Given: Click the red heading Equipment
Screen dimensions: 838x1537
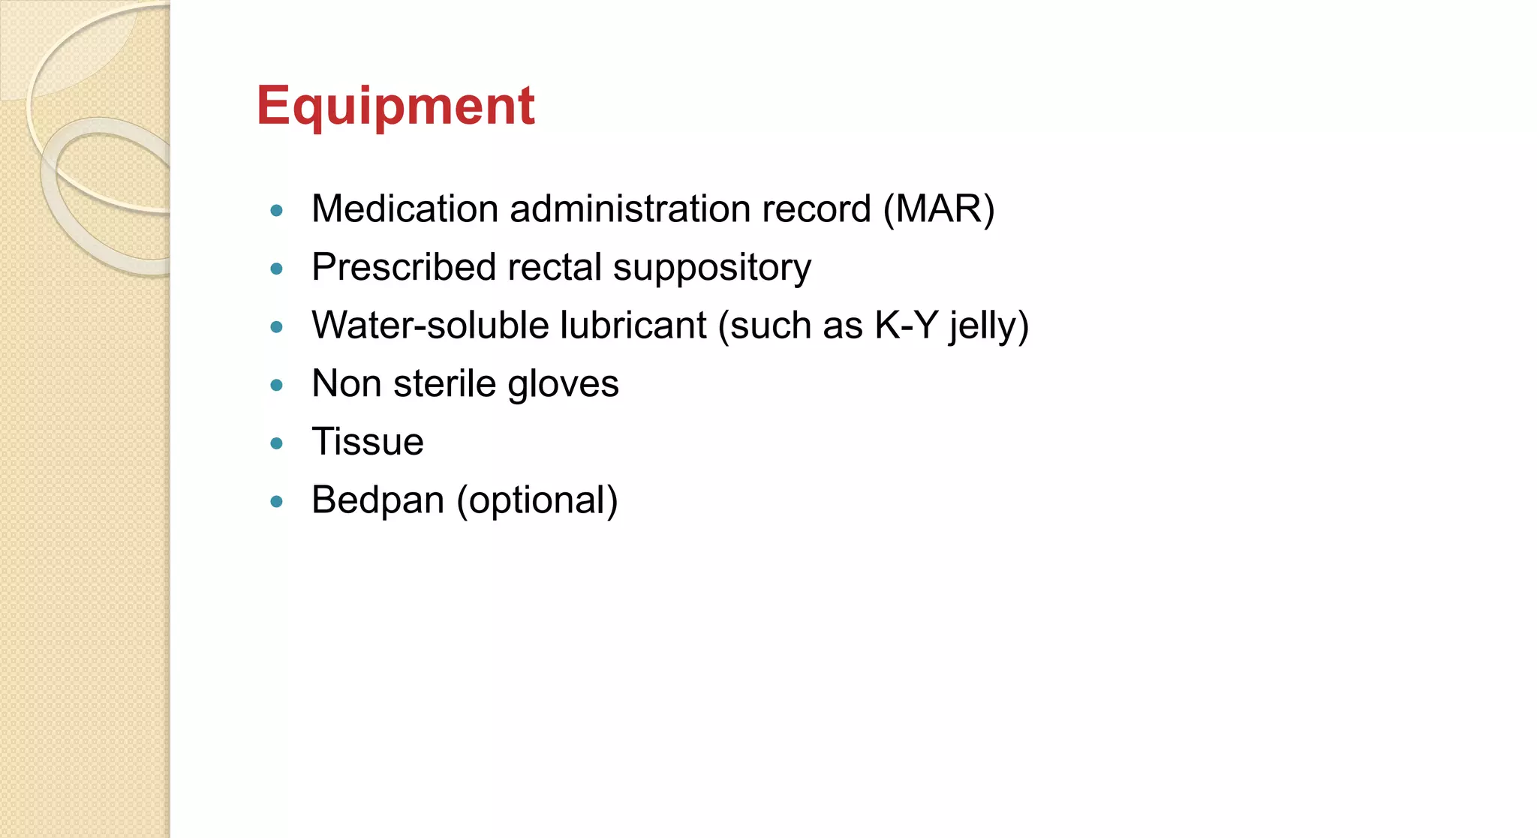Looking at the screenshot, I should pyautogui.click(x=396, y=106).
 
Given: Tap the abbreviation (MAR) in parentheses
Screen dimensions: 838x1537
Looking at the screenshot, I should pyautogui.click(x=938, y=209).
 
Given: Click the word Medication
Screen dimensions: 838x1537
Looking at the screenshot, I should pyautogui.click(x=405, y=209).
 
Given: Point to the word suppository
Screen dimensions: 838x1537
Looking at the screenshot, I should pyautogui.click(x=711, y=268).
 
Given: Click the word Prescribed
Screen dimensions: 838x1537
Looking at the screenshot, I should pyautogui.click(x=404, y=267).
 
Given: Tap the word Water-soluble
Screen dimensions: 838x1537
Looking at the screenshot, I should pyautogui.click(x=430, y=326).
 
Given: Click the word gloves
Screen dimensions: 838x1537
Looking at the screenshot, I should pyautogui.click(x=562, y=384).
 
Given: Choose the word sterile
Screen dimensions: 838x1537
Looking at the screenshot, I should pyautogui.click(x=444, y=383).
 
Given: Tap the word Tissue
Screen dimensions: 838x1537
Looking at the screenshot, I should pyautogui.click(x=368, y=442).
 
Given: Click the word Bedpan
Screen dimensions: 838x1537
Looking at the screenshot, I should pyautogui.click(x=377, y=500).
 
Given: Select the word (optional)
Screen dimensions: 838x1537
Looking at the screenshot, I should pyautogui.click(x=537, y=501).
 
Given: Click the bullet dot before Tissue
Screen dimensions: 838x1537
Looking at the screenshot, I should pyautogui.click(x=277, y=443).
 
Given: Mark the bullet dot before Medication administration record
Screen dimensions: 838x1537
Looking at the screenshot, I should pyautogui.click(x=277, y=211).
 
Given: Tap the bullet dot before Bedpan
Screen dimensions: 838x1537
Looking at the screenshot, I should pyautogui.click(x=277, y=502).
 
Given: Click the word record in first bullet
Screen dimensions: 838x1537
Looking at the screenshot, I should pyautogui.click(x=816, y=209).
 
